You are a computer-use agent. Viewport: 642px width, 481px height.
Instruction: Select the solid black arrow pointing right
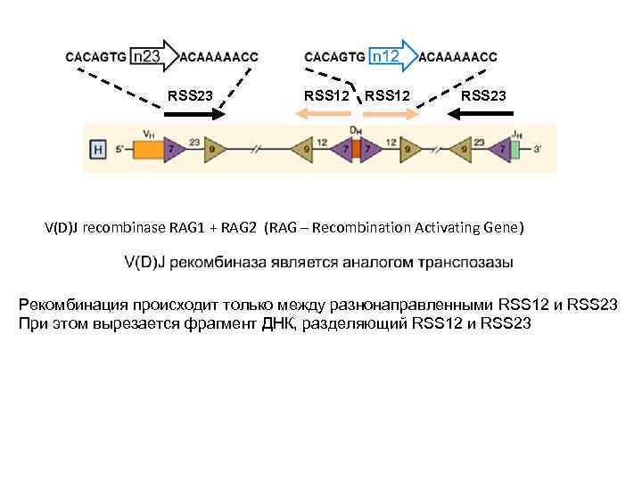point(193,114)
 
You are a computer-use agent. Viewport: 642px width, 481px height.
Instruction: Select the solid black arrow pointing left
point(477,114)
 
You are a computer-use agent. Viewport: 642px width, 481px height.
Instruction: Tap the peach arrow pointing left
point(325,114)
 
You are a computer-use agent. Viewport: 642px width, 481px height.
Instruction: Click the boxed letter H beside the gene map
point(99,150)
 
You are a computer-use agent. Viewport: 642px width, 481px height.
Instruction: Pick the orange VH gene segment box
point(146,150)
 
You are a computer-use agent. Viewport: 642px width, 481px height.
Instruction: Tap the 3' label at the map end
point(535,150)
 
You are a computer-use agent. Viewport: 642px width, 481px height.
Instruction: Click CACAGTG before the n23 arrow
point(95,56)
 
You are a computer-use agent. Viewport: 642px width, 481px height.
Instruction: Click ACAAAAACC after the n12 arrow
point(459,56)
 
